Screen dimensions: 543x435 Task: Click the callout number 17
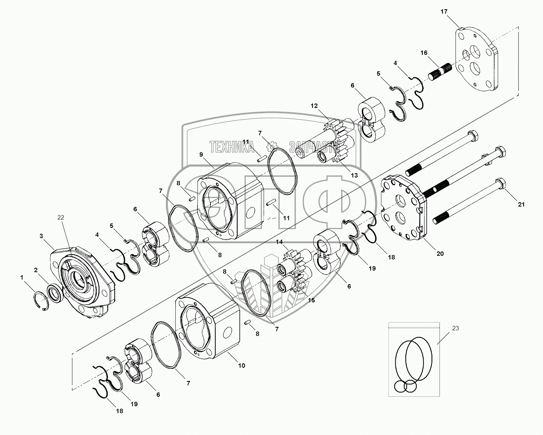[444, 12]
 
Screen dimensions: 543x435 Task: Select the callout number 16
[424, 53]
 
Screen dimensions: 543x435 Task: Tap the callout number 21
[521, 205]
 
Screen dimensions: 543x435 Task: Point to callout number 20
[440, 253]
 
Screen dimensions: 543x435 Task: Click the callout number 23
[456, 328]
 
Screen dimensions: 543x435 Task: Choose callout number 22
[61, 217]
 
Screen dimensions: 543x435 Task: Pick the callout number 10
[242, 365]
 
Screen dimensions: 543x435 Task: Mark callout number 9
[201, 154]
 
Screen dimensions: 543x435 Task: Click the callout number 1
[22, 277]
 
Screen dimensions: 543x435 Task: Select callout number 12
[314, 106]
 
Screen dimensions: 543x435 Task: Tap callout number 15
[311, 300]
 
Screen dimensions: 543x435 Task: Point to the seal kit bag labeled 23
[414, 360]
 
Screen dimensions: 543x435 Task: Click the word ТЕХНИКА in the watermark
[232, 147]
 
